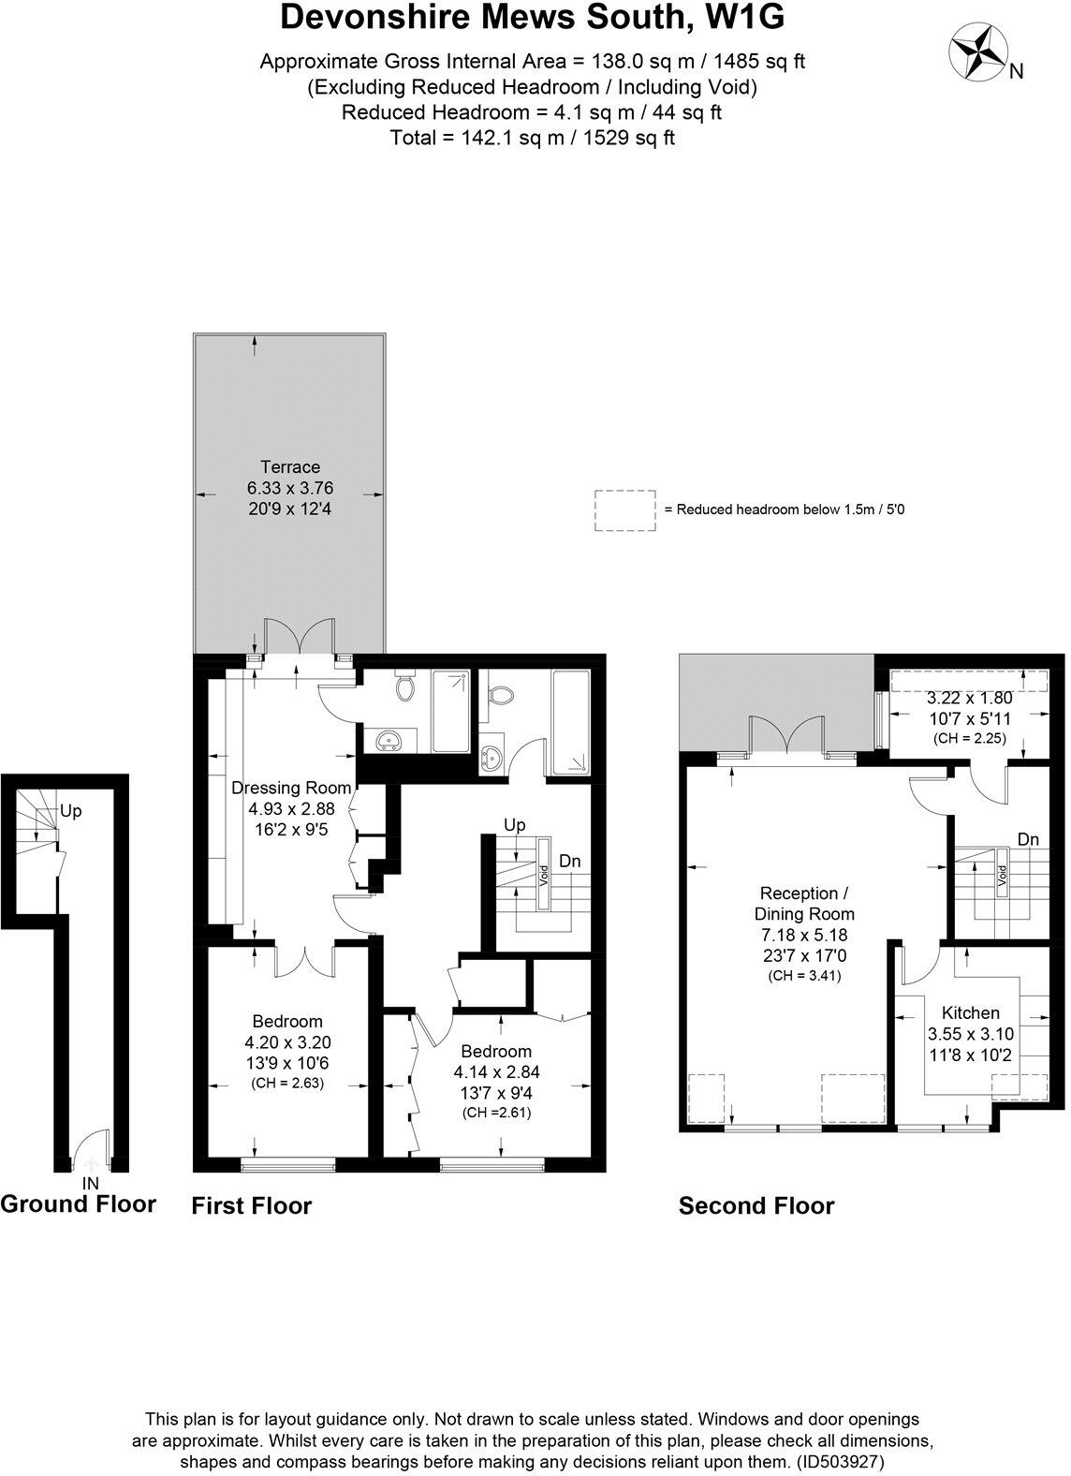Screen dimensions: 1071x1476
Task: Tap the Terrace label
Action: pos(290,467)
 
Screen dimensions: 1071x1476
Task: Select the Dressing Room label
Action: pos(290,788)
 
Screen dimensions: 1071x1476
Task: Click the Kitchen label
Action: pos(970,1012)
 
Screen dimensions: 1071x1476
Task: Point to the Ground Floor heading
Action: pos(78,1203)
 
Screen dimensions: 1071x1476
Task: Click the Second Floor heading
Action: pos(756,1206)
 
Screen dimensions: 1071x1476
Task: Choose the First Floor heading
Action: pos(251,1206)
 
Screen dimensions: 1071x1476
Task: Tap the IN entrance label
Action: pos(90,1184)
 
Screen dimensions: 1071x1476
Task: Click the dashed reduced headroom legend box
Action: pos(624,510)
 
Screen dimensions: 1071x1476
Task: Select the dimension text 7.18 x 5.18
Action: pos(804,935)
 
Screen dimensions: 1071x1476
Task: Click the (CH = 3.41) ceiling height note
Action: pos(804,976)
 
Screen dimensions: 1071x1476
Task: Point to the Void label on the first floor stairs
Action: pos(544,877)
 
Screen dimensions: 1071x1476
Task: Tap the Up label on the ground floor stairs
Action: pos(70,811)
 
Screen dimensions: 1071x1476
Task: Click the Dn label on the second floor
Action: pos(1028,839)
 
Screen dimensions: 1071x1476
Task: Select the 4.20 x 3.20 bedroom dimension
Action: pos(287,1042)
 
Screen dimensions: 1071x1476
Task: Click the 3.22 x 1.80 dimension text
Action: pos(969,699)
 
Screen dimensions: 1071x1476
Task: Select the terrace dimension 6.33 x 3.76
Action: pos(290,488)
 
